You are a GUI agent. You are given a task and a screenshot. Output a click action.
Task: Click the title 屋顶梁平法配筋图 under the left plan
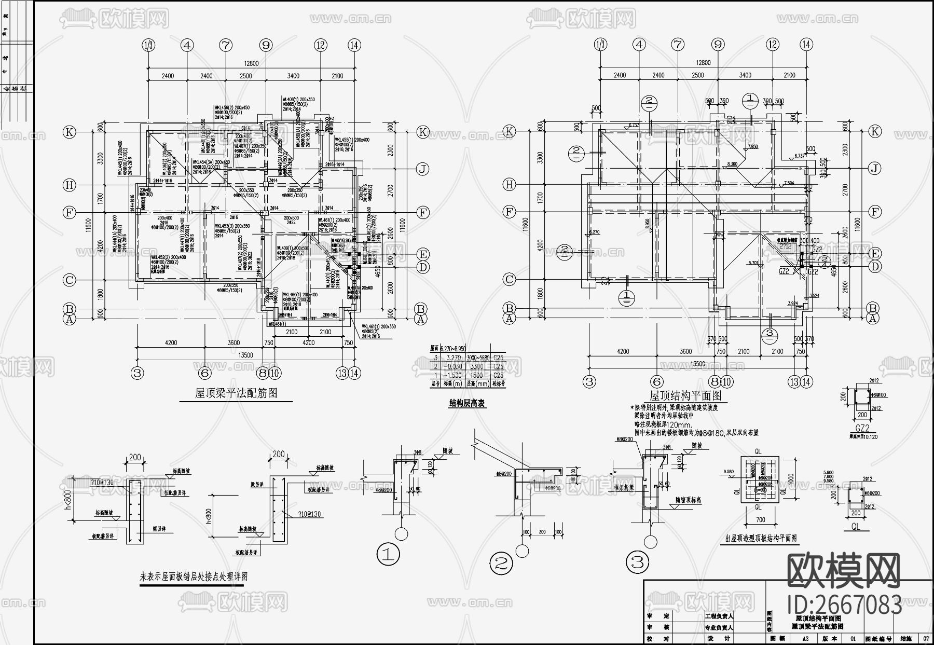236,393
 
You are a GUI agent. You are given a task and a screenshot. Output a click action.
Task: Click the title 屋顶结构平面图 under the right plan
686,396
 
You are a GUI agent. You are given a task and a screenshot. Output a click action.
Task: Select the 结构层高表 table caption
467,403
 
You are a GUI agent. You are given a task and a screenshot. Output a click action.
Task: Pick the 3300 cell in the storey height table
476,366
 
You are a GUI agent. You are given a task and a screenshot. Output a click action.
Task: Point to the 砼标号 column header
499,384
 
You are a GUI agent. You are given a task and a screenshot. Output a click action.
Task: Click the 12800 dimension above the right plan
703,63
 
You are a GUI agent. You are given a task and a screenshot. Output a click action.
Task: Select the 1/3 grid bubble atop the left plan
148,46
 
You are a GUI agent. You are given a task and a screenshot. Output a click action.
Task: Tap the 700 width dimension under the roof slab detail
760,519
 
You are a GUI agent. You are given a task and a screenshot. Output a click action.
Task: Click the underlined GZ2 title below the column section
861,429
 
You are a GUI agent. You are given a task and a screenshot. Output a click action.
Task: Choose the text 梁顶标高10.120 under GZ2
863,437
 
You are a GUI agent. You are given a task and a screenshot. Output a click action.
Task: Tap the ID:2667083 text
844,605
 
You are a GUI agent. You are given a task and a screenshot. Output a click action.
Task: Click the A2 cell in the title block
806,639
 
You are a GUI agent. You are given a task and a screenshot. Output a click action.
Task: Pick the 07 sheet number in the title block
926,639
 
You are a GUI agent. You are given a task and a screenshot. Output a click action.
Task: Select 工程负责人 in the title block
719,616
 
